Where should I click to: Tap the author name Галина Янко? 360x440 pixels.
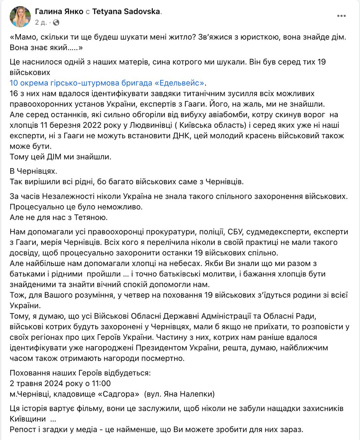[x=59, y=11]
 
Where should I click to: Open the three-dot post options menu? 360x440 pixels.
[x=341, y=16]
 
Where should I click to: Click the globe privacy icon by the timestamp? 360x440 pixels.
[x=56, y=22]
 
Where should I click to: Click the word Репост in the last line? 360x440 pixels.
[x=22, y=429]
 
